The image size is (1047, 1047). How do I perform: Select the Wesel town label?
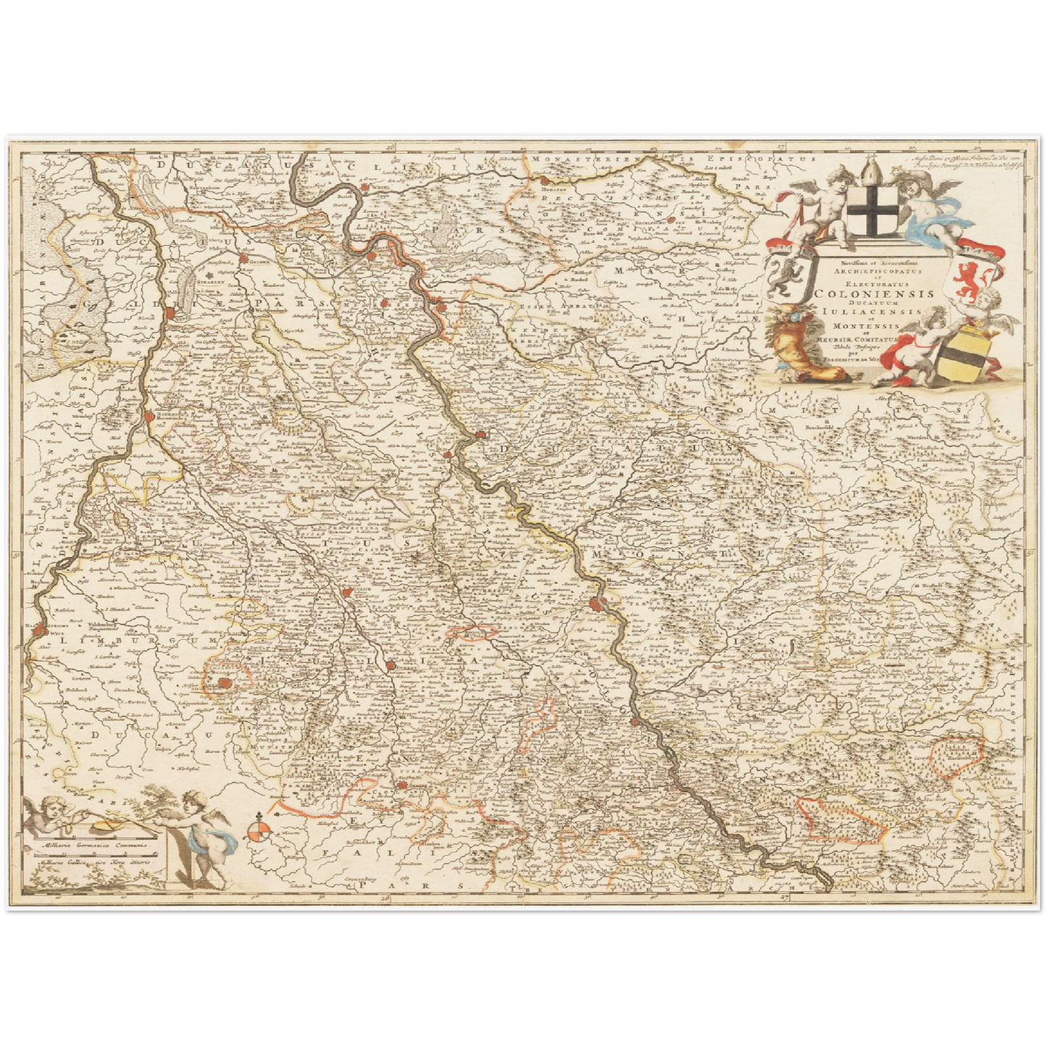tap(379, 186)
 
